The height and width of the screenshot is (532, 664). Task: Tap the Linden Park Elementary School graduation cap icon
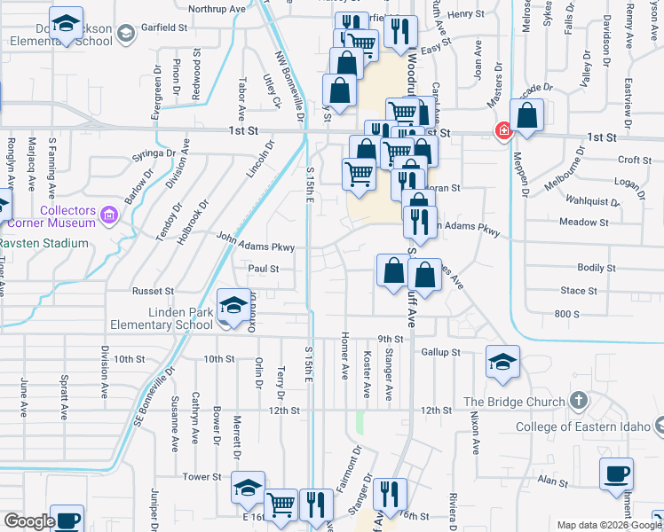click(x=233, y=307)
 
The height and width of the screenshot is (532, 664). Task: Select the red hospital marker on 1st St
click(x=503, y=132)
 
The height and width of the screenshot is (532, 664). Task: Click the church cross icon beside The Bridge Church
click(x=578, y=401)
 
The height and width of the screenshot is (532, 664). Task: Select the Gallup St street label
click(x=440, y=352)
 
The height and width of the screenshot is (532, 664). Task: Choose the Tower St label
click(x=195, y=477)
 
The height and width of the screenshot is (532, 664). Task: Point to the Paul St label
click(x=264, y=268)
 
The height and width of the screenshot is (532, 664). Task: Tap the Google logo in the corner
click(x=28, y=521)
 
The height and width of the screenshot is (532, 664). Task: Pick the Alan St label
click(x=552, y=481)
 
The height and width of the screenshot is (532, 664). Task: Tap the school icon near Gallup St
click(x=502, y=362)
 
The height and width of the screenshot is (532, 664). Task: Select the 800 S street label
click(x=565, y=314)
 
